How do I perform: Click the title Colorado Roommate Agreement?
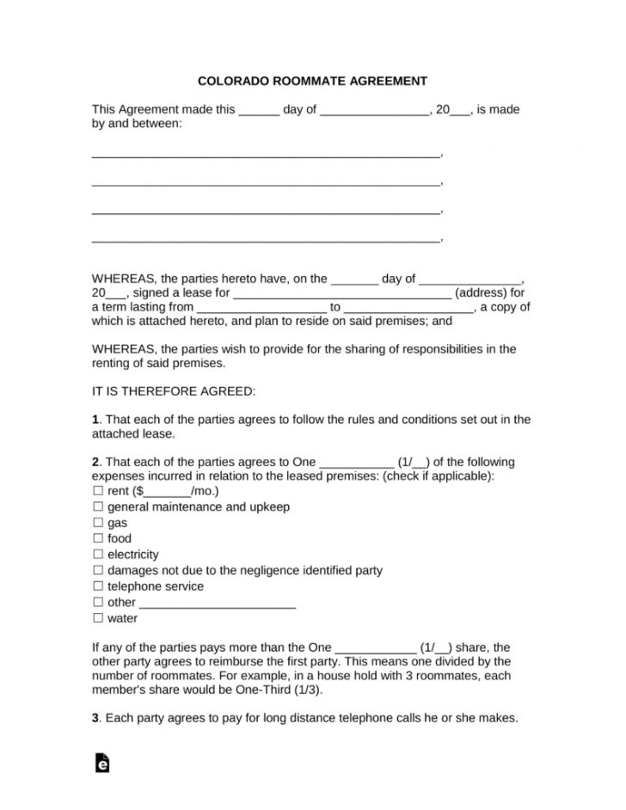tap(313, 82)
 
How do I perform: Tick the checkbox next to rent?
tap(97, 491)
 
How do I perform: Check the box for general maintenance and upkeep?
tap(97, 507)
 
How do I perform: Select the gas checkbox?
tap(97, 523)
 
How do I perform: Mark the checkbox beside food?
tap(97, 539)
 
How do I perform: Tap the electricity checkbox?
tap(97, 555)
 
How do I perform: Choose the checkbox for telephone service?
tap(97, 586)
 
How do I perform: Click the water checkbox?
tap(97, 618)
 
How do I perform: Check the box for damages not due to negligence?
tap(97, 571)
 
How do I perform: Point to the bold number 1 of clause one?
tap(95, 420)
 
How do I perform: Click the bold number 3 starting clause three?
tap(95, 718)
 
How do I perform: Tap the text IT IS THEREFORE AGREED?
tap(173, 391)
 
